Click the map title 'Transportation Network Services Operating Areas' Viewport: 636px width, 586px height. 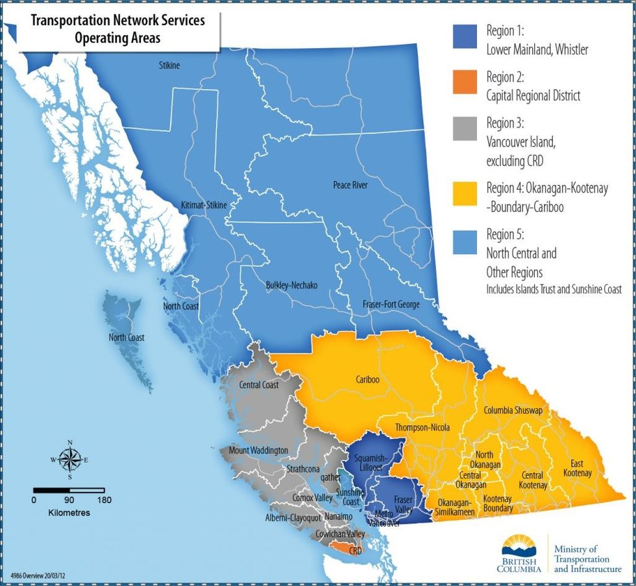coord(118,29)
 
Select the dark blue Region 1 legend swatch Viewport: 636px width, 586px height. coord(465,38)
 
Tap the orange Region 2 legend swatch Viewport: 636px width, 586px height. coord(465,85)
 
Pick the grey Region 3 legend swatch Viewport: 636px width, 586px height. coord(465,131)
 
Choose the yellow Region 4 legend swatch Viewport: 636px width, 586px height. coord(465,195)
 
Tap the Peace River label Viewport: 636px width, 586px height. coord(350,185)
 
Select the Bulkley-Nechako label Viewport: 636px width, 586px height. coord(291,285)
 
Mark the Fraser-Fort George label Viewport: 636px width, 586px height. coord(391,304)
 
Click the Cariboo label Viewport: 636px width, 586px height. coord(367,380)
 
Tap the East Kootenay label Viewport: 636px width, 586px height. coord(581,468)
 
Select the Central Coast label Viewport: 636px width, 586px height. coord(258,385)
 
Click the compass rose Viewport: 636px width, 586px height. coord(69,459)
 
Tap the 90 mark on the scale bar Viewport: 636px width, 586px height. coord(69,500)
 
